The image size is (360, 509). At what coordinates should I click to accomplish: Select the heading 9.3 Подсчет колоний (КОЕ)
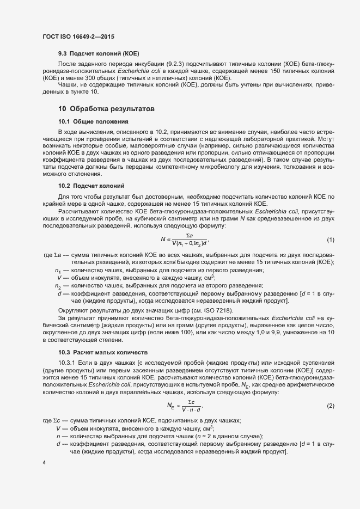pos(99,55)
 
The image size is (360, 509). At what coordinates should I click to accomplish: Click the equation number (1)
pos(330,225)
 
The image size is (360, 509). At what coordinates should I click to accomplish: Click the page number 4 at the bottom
pos(44,462)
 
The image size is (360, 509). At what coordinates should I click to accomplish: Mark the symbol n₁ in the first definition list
pos(58,271)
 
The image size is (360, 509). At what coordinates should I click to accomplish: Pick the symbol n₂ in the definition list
pos(58,286)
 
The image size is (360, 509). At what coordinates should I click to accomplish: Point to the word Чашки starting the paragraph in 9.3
pos(68,85)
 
